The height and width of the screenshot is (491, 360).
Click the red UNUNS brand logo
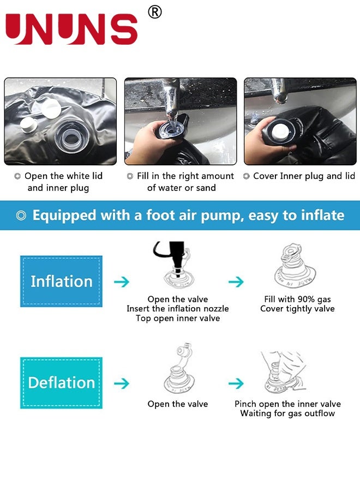click(71, 29)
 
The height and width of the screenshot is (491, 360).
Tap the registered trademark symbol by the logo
click(155, 12)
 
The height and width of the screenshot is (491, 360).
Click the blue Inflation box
click(61, 282)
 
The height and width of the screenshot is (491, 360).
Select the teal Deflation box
click(61, 382)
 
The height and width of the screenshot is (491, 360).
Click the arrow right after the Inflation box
click(122, 282)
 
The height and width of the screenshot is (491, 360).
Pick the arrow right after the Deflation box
click(122, 384)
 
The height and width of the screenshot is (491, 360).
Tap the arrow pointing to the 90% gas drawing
click(236, 282)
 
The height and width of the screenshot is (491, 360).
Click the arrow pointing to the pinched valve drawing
click(236, 384)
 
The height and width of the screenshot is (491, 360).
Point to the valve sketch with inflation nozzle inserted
click(177, 267)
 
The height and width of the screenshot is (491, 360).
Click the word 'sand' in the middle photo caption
click(205, 188)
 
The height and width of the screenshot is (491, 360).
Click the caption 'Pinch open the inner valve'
click(287, 404)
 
